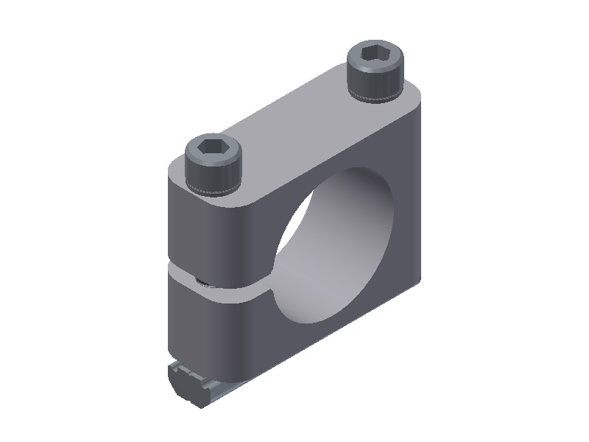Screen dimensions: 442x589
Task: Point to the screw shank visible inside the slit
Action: (201, 279)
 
